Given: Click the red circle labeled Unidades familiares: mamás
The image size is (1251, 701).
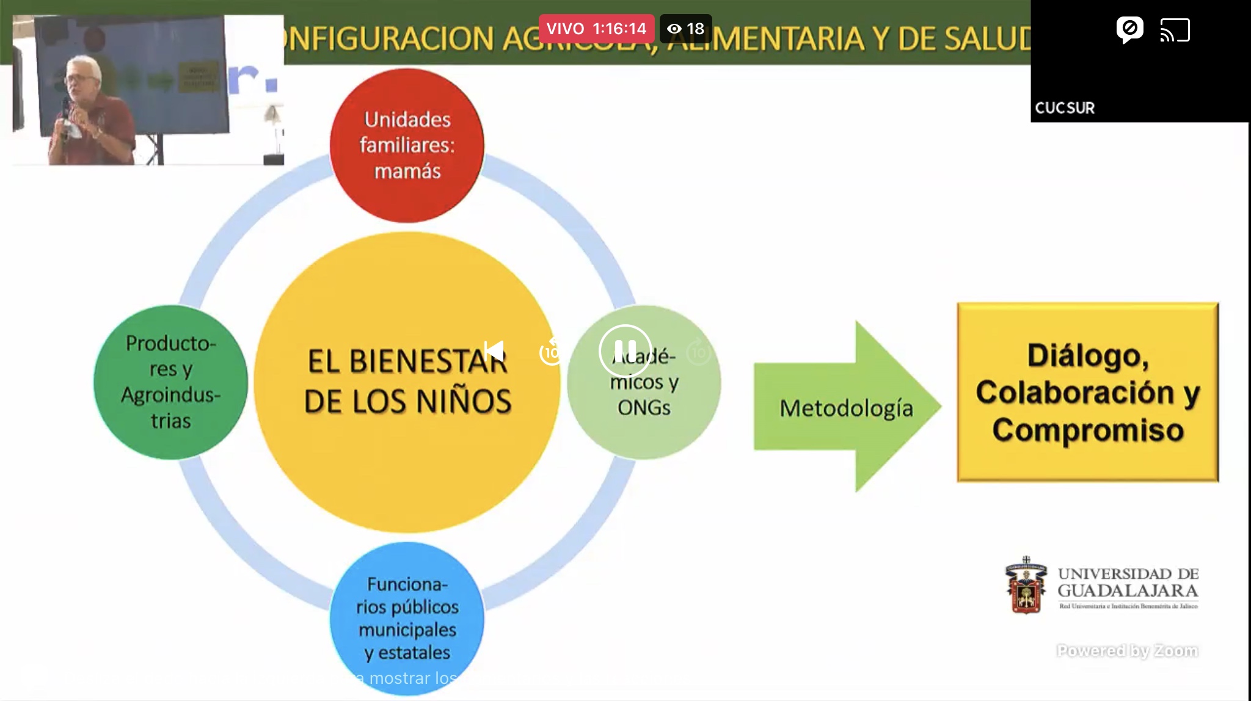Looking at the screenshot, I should [x=407, y=145].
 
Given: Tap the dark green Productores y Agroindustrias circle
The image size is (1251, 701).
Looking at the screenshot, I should [x=170, y=382].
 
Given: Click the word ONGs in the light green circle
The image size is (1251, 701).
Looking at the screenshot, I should [x=644, y=407].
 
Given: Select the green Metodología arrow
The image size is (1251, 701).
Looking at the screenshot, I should [x=847, y=407].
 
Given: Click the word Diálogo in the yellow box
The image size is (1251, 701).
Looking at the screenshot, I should [x=1088, y=356].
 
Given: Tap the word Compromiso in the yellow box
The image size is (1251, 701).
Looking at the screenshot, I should [x=1088, y=429].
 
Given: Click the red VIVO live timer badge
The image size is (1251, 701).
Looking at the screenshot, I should [x=596, y=29].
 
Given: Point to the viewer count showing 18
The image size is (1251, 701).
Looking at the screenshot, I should [x=687, y=29].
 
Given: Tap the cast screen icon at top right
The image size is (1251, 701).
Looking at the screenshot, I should [x=1175, y=30].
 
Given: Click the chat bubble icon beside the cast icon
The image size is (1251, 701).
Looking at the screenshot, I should [x=1129, y=29].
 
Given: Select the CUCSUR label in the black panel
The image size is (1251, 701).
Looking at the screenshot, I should [x=1065, y=108].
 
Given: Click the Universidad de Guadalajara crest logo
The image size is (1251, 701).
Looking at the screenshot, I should [x=1026, y=585].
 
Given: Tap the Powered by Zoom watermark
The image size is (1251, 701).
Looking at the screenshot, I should [x=1127, y=651].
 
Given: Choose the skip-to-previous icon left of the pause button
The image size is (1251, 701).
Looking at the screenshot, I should [x=494, y=351].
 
